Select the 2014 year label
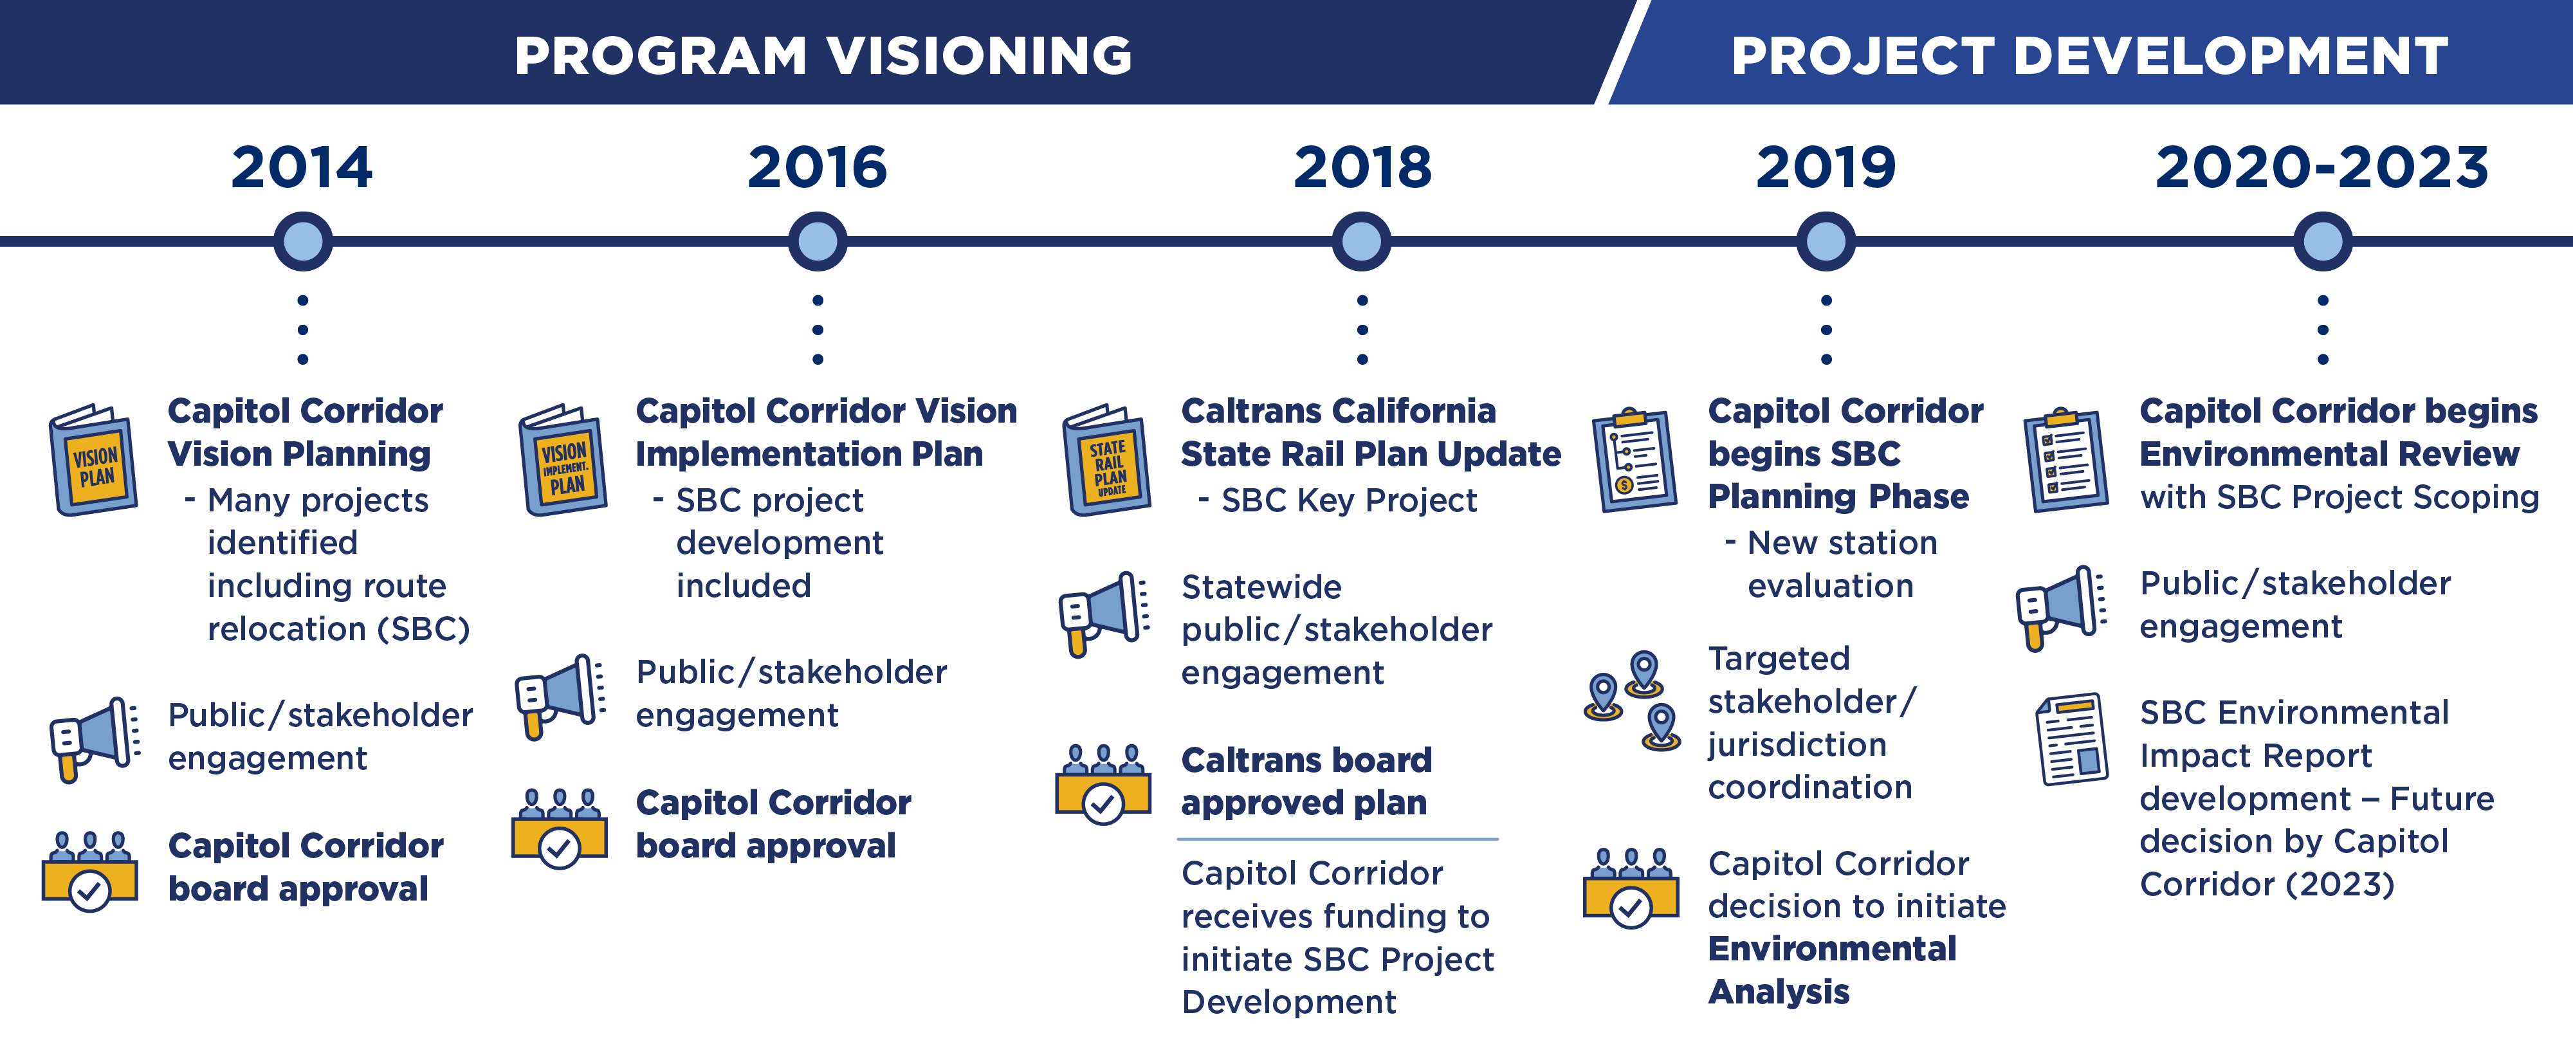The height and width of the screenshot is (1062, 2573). coord(302,167)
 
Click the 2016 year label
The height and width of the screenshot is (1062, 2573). coord(817,167)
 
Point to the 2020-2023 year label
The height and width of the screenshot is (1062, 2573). coord(2321,167)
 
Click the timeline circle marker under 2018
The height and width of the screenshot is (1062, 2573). coord(1361,241)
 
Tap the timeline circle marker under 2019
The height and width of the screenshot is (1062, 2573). coord(1826,241)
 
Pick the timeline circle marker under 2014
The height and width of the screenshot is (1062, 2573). coord(302,241)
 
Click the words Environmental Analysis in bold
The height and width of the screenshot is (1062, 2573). coord(1832,970)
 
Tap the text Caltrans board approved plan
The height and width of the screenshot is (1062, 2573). coord(1306,782)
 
